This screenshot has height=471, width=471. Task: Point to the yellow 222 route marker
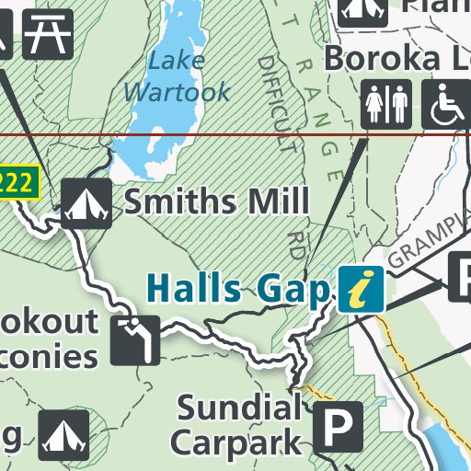19,181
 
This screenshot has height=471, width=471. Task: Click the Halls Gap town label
237,289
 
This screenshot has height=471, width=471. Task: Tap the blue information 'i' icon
361,289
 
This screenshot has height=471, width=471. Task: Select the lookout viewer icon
135,340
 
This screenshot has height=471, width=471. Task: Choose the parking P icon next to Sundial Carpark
339,425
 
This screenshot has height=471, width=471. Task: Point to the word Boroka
377,58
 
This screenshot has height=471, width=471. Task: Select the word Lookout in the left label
51,321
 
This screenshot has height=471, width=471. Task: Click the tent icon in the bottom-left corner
64,434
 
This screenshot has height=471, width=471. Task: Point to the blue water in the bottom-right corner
451,452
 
